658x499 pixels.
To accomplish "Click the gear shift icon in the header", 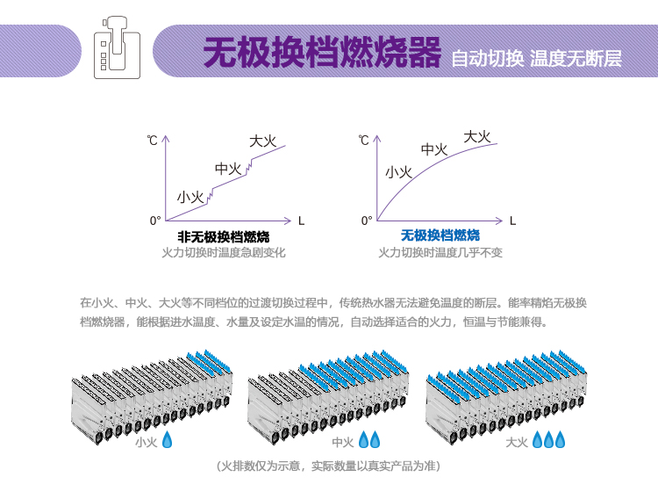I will [x=118, y=50].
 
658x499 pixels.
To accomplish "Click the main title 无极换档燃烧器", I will [x=321, y=54].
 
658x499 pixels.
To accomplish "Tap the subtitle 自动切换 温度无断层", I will [x=536, y=59].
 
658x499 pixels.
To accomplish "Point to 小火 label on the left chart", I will [x=190, y=197].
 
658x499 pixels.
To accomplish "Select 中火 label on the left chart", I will [x=228, y=169].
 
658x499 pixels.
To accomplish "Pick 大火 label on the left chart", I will [x=262, y=141].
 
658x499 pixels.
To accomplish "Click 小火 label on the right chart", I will [x=398, y=171].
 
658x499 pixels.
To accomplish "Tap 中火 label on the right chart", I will [x=434, y=149].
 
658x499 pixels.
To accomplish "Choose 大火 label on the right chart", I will [x=476, y=136].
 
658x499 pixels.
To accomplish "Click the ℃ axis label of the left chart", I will [x=153, y=141].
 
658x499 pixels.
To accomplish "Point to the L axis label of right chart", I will [x=513, y=220].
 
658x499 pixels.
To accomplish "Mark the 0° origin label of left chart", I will [x=155, y=220].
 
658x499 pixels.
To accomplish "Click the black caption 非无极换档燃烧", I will [x=224, y=236].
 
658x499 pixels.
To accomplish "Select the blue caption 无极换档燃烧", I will [x=440, y=235].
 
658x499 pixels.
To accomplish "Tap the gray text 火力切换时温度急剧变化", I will [x=224, y=252].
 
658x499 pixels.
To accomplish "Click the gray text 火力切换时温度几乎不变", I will [x=440, y=252].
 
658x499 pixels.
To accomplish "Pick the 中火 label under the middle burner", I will [x=343, y=442].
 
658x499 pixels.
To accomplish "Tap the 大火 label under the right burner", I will [x=517, y=442].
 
